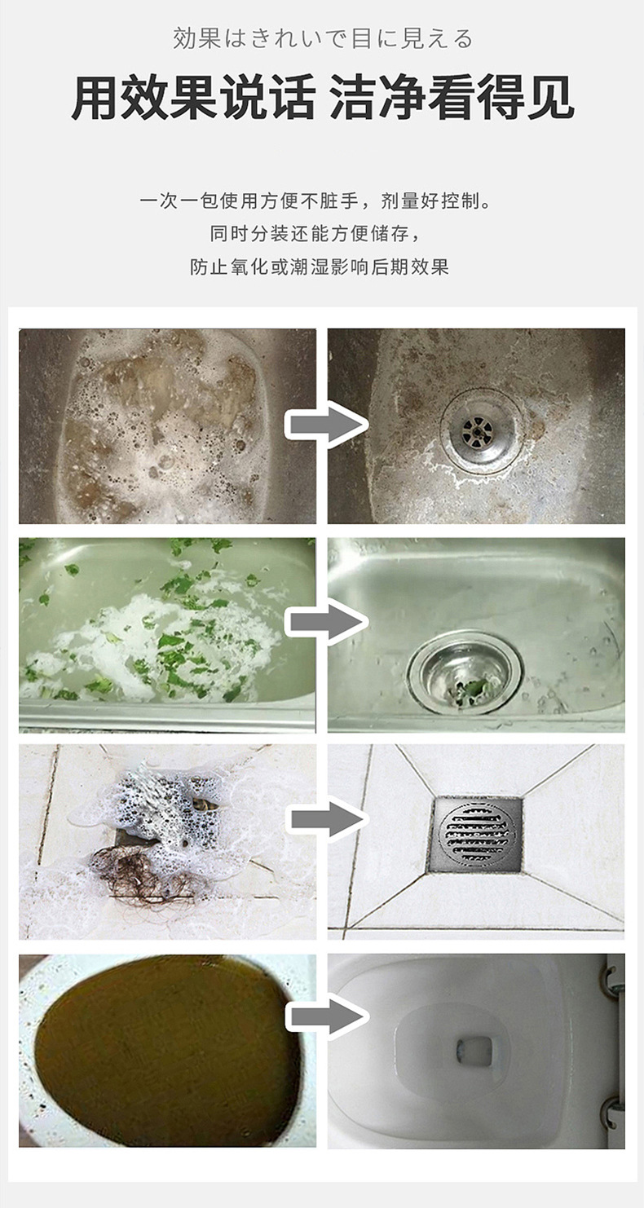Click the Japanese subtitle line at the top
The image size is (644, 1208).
(322, 39)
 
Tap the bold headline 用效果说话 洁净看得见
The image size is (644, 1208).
(322, 97)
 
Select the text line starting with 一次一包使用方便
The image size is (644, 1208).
(316, 201)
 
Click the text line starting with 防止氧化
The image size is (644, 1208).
(320, 267)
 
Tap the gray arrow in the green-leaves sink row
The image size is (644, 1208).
(326, 623)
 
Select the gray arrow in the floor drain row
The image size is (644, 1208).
(326, 820)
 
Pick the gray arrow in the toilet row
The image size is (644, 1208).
(326, 1017)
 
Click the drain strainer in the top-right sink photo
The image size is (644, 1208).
(478, 430)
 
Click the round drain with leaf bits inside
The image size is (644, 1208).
(465, 674)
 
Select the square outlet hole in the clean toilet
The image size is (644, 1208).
(474, 1049)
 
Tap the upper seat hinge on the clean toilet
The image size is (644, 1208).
(611, 978)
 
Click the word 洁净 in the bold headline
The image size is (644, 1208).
(377, 97)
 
